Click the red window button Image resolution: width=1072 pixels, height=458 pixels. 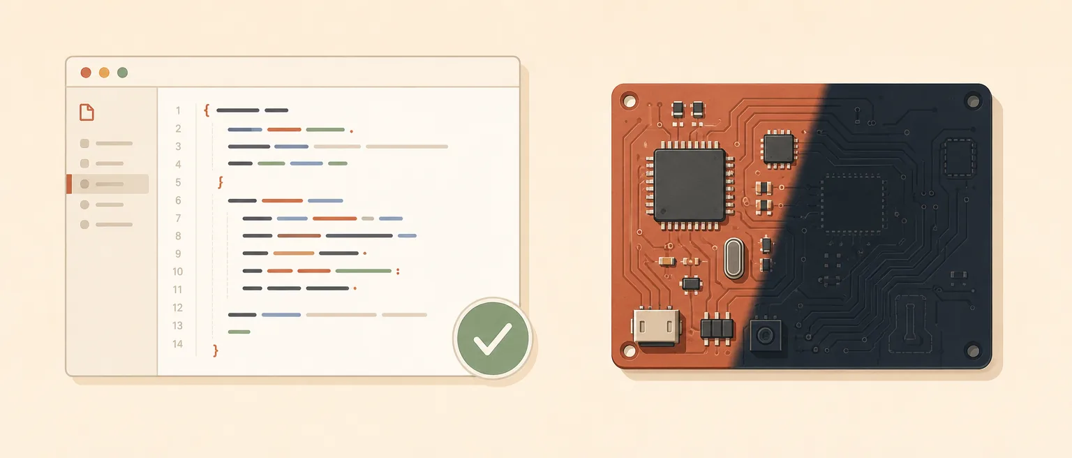86,73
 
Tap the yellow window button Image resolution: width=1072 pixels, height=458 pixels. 104,73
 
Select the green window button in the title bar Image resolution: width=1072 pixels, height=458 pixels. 123,73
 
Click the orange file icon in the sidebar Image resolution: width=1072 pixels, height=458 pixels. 87,112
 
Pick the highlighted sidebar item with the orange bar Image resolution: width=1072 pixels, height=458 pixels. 107,184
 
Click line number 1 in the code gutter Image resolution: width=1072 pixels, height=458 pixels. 178,110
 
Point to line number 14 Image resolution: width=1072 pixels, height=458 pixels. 177,343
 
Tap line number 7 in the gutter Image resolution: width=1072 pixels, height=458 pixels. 178,219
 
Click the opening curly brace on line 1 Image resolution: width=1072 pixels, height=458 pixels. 207,110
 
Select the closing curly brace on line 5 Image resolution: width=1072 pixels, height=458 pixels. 221,182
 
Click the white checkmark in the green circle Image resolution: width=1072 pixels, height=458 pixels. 493,339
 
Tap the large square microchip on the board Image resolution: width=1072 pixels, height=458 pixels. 690,185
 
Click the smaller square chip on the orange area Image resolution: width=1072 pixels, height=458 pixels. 779,149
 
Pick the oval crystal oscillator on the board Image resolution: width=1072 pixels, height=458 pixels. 734,258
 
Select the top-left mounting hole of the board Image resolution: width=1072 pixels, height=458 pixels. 629,101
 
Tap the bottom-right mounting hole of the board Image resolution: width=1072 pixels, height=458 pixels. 973,350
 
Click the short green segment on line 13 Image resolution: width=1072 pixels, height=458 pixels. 239,332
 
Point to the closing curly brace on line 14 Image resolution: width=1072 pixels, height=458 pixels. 216,350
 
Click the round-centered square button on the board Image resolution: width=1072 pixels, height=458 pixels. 765,335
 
